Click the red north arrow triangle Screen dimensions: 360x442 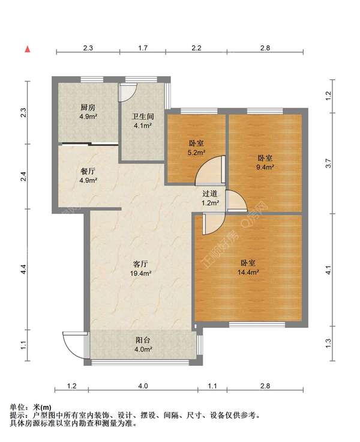point(28,49)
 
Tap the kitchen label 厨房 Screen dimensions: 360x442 point(88,107)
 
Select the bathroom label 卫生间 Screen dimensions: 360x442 point(143,117)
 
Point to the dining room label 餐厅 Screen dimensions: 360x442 point(88,171)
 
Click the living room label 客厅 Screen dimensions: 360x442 point(140,264)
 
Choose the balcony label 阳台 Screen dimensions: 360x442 point(143,340)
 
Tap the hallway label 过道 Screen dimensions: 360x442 point(210,193)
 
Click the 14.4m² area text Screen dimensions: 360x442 point(248,272)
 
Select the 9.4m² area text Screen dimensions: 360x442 point(265,167)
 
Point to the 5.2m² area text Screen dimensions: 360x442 point(196,153)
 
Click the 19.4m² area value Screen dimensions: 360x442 point(141,273)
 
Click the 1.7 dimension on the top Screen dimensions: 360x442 point(143,48)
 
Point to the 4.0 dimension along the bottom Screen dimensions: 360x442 point(143,386)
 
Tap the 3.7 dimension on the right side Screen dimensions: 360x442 point(328,163)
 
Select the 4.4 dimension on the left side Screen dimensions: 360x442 point(24,269)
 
